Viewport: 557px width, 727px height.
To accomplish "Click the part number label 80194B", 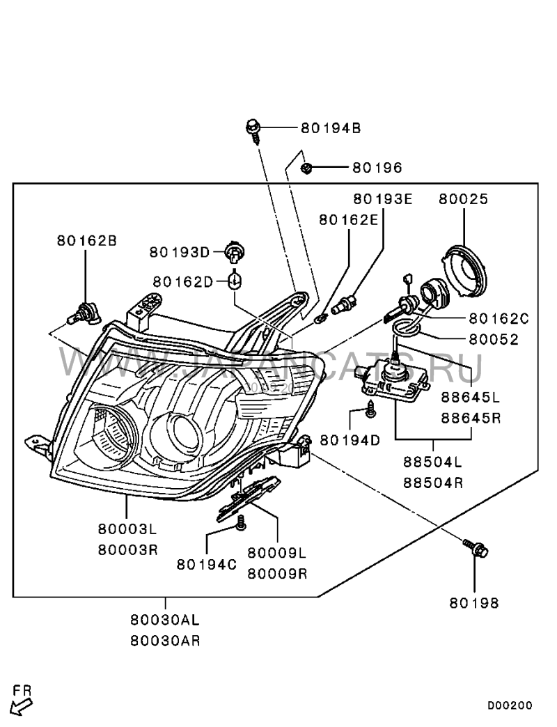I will [x=331, y=128].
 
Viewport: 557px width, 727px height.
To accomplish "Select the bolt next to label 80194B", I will [x=253, y=129].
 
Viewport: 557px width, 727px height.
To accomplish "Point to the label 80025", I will [x=464, y=199].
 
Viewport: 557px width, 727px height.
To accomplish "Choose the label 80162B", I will [x=87, y=241].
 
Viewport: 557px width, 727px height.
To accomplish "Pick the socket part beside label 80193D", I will [x=235, y=252].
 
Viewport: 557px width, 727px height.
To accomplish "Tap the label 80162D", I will [x=182, y=281].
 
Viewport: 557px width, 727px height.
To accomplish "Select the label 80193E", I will [x=382, y=199].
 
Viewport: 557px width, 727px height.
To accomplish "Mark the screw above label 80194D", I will [x=370, y=412].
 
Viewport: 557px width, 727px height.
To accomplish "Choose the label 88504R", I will [x=433, y=482].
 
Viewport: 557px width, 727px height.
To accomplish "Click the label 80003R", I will [x=128, y=549].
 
